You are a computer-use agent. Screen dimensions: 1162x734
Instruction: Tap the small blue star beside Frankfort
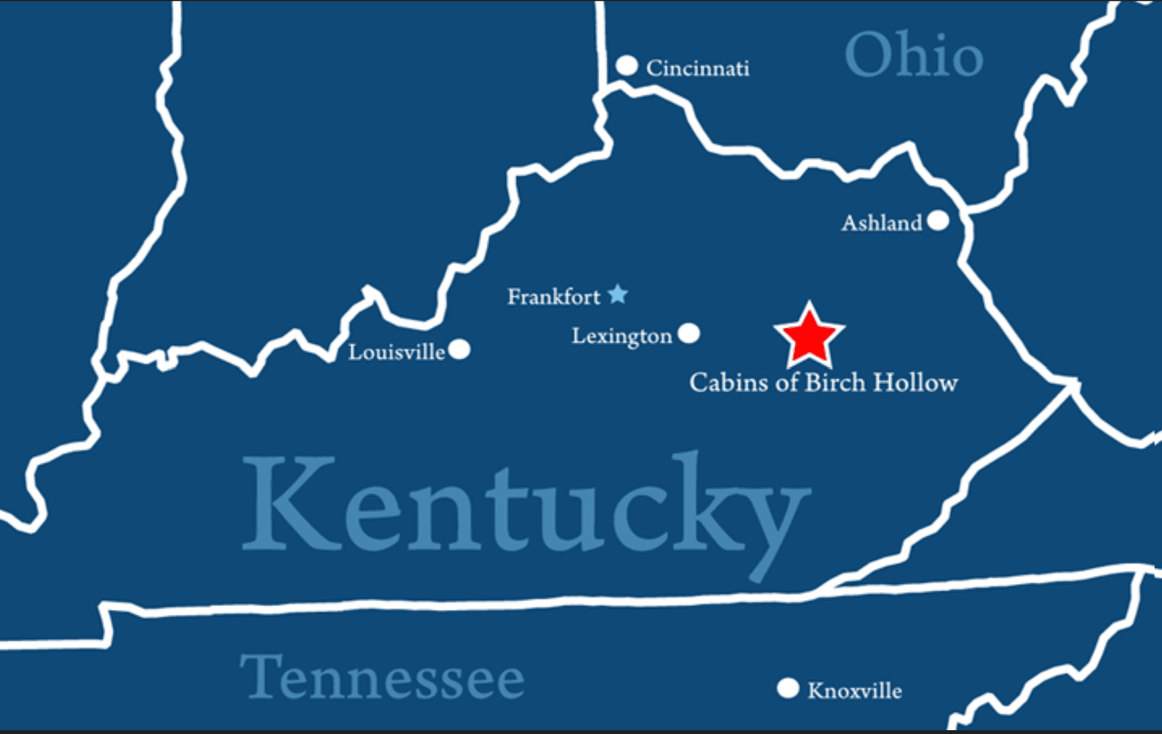click(618, 294)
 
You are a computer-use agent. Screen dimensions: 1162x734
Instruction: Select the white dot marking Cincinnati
click(626, 65)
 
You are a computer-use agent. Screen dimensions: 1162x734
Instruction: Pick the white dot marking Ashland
click(937, 221)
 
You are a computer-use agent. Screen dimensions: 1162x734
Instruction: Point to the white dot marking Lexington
click(689, 334)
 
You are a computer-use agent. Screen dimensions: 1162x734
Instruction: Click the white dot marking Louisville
click(459, 350)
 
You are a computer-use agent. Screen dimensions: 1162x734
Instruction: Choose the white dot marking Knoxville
click(787, 688)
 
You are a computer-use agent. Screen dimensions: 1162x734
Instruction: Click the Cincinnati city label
click(697, 68)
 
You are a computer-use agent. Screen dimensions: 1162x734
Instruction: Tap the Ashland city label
click(881, 223)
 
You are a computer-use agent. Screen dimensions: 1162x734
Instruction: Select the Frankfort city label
click(553, 297)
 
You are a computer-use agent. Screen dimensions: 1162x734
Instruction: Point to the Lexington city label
click(622, 336)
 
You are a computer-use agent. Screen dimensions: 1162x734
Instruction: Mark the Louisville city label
click(397, 352)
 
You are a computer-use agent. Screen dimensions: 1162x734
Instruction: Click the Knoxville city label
click(854, 691)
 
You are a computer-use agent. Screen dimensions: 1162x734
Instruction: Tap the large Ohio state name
click(914, 56)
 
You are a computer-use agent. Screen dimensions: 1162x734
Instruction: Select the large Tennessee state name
click(382, 677)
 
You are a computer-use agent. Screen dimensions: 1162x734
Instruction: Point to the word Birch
click(835, 382)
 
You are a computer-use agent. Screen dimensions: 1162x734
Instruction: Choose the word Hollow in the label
click(915, 382)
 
